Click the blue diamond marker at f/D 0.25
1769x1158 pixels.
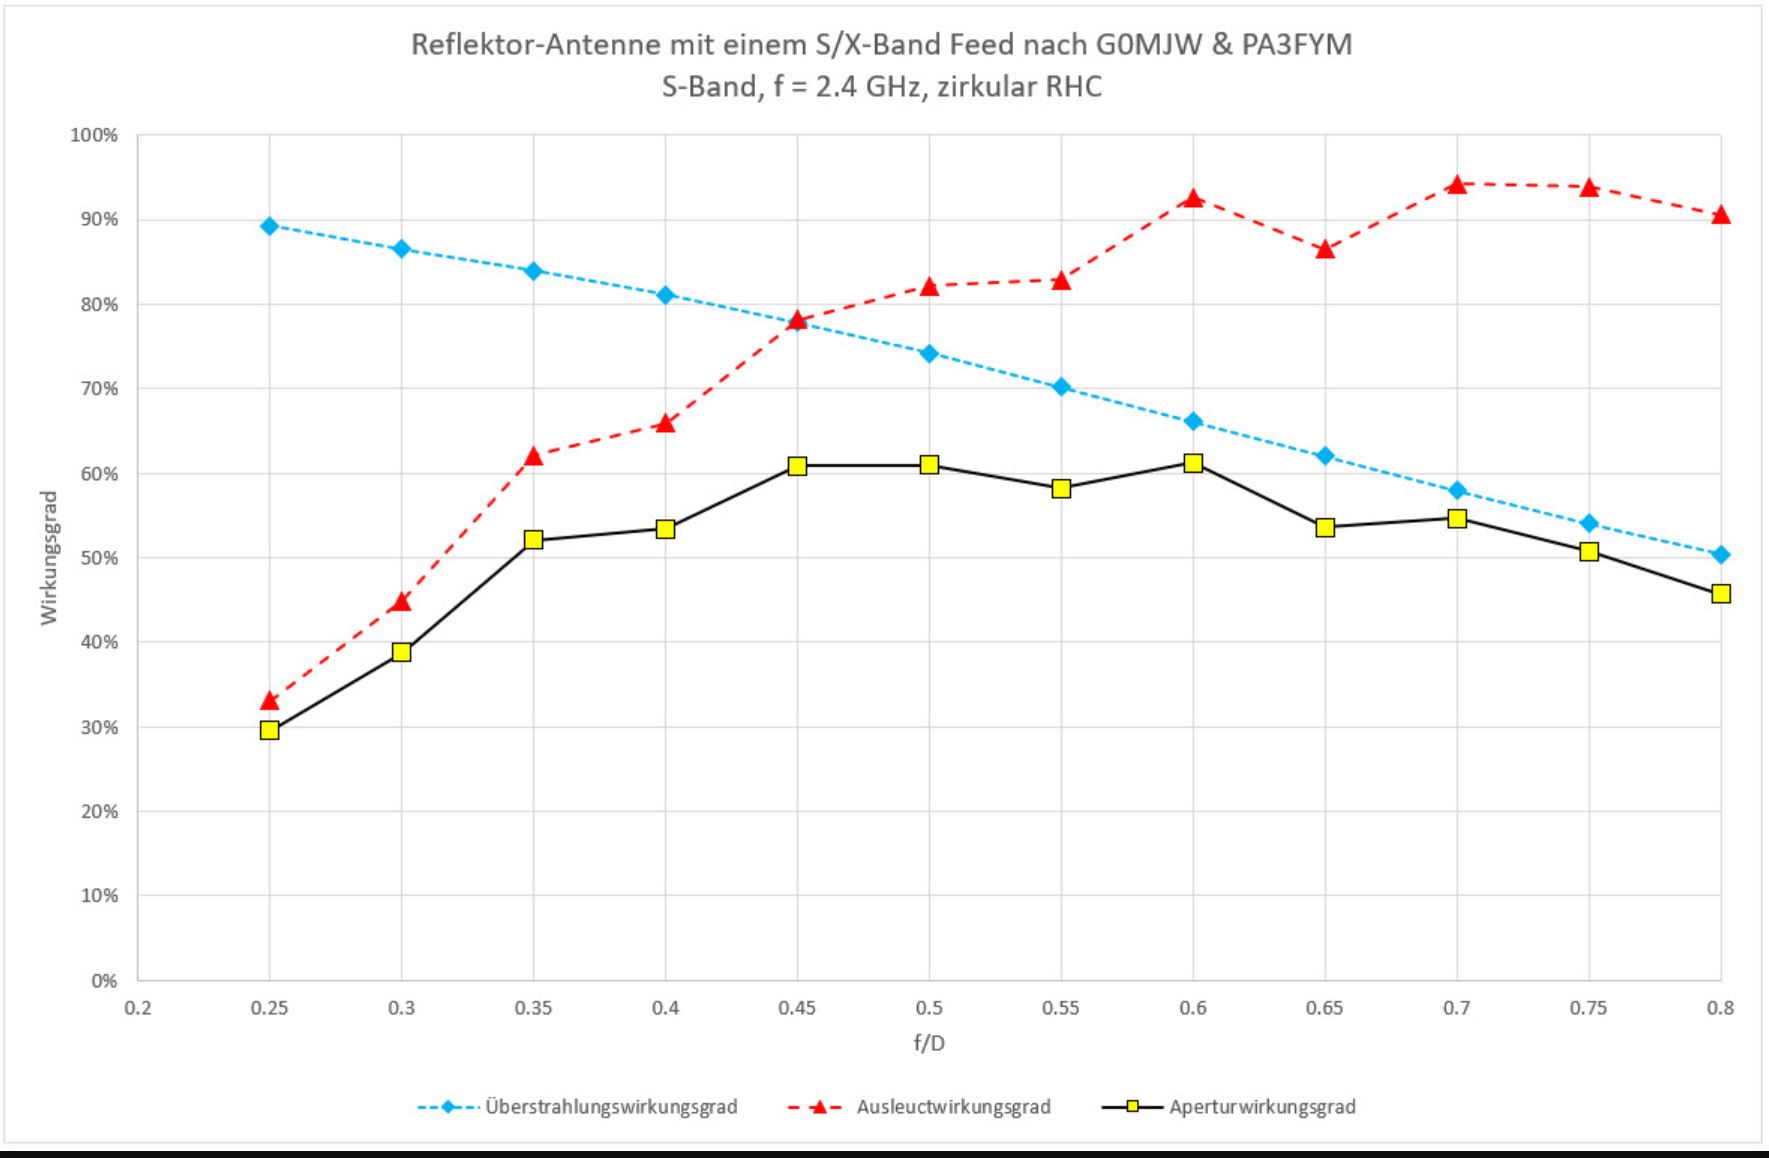click(269, 226)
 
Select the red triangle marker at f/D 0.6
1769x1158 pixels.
click(1193, 198)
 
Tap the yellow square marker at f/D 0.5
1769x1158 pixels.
click(929, 464)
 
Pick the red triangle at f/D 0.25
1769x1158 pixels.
click(269, 701)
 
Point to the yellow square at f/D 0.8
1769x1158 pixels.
click(1720, 594)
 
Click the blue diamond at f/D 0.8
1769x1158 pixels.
click(1720, 555)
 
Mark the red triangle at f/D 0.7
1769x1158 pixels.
click(1457, 184)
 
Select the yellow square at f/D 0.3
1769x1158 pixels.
click(401, 652)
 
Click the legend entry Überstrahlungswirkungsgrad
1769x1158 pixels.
click(611, 1107)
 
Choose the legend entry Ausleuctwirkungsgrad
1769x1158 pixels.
click(953, 1107)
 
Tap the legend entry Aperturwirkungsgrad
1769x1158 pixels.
click(1262, 1107)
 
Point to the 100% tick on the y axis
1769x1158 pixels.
click(93, 135)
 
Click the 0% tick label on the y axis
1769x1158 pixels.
click(104, 981)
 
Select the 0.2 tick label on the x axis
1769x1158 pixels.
click(138, 1008)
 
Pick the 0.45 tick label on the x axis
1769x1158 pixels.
click(797, 1008)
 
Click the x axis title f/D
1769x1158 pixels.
click(929, 1043)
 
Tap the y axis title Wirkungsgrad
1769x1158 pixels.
click(49, 558)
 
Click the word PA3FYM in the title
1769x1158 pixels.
click(1297, 45)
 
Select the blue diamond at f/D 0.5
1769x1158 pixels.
click(929, 353)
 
